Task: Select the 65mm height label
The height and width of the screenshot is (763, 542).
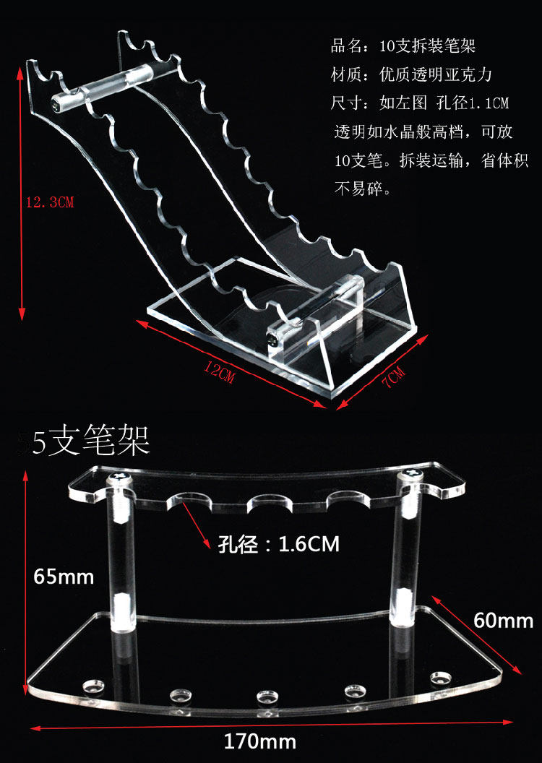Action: coord(64,577)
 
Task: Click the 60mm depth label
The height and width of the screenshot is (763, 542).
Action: coord(503,620)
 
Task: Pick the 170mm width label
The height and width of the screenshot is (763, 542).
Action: coord(260,741)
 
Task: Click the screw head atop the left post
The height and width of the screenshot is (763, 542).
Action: coord(119,478)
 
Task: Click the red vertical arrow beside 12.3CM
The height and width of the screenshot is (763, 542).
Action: coord(21,192)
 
